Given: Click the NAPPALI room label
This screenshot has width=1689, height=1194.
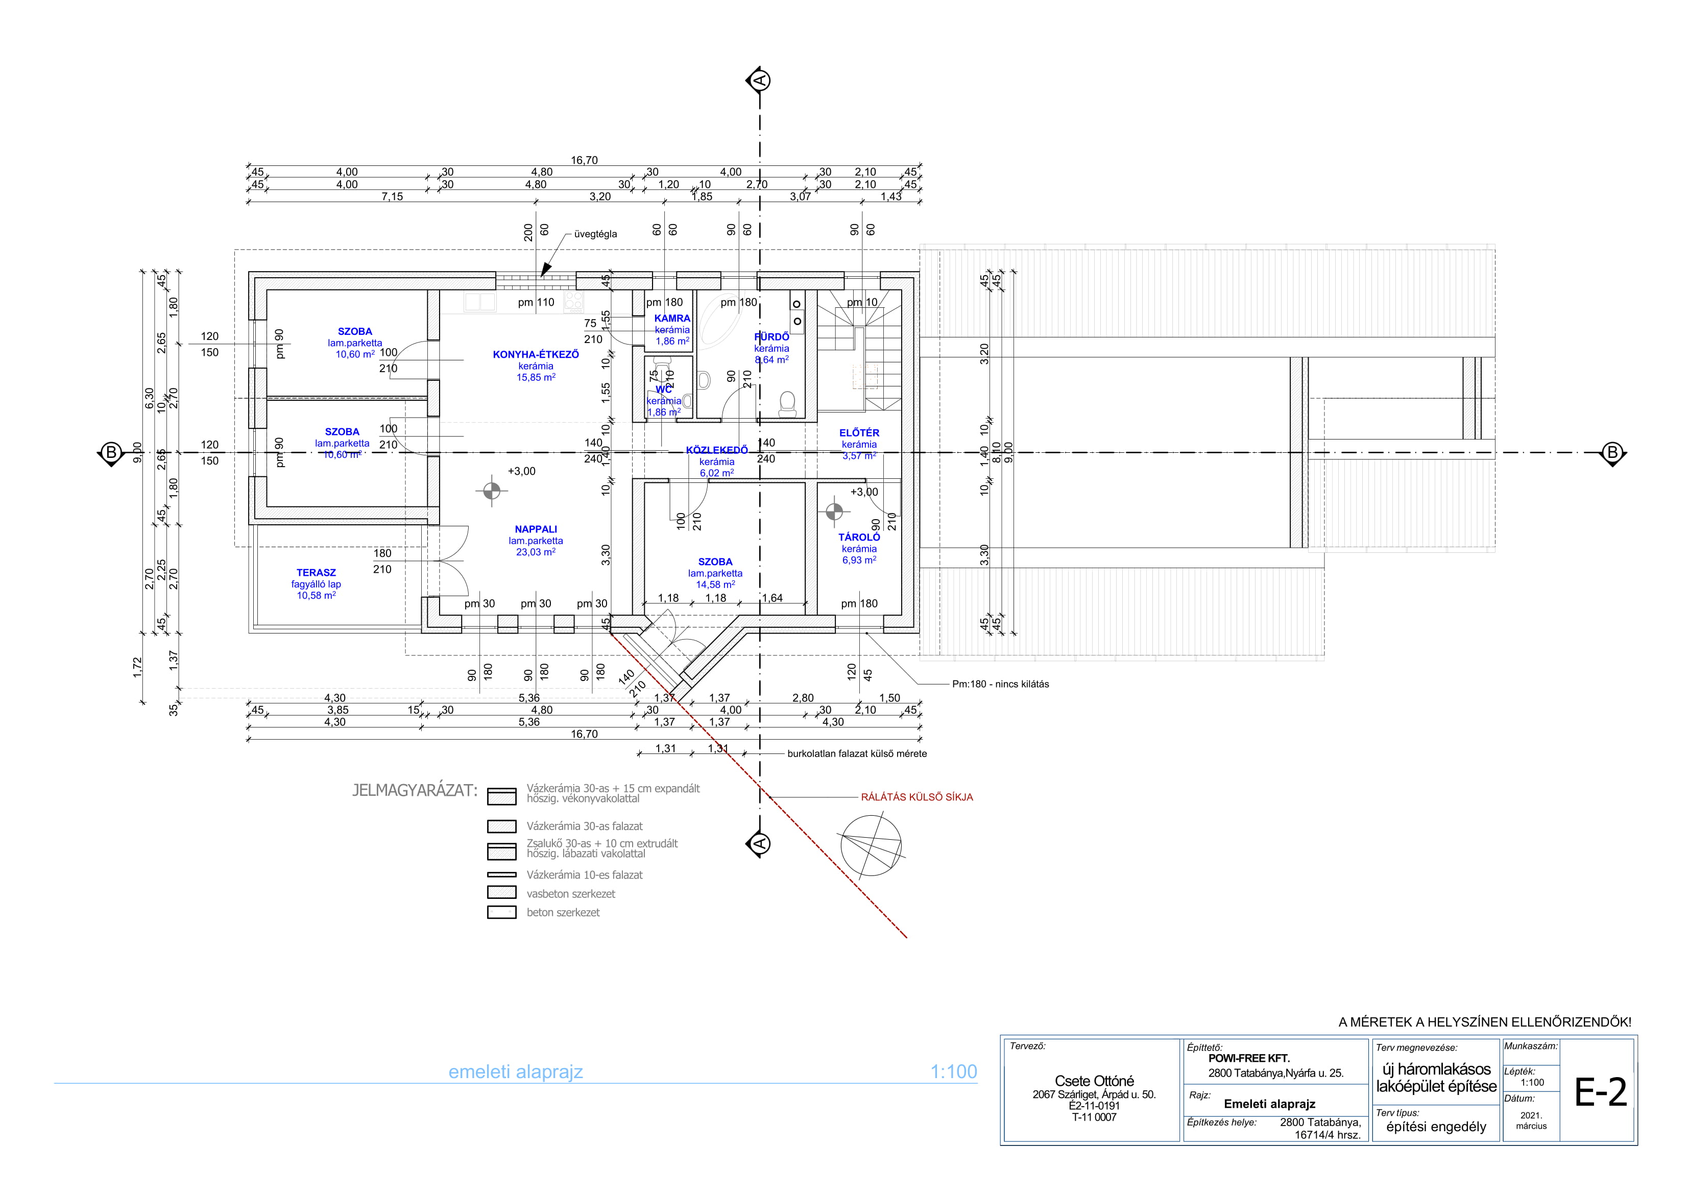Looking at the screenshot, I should [536, 529].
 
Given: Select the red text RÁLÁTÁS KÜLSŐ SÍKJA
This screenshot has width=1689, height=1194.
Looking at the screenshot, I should [916, 797].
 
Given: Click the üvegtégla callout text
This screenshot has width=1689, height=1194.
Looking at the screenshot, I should [595, 234].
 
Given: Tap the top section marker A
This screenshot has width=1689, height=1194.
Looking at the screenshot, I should [760, 80].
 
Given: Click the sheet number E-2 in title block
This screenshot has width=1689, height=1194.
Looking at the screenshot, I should [1600, 1092].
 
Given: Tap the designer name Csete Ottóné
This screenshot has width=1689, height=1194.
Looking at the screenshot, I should [1094, 1081].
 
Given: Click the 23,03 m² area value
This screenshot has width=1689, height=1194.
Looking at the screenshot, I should [536, 552].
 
